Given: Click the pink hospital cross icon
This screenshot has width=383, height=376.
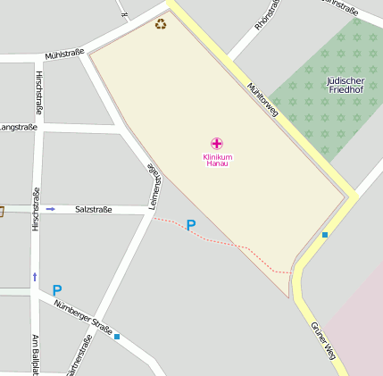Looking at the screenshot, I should [x=216, y=143].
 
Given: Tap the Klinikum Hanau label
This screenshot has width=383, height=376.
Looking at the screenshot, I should [x=216, y=160].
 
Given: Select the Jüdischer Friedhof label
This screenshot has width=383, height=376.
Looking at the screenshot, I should [x=345, y=85].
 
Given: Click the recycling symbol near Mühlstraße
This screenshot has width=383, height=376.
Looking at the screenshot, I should [x=161, y=24].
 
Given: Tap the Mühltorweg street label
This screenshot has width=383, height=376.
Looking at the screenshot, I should [x=262, y=100].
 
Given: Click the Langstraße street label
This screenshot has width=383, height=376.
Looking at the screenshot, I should [x=18, y=128].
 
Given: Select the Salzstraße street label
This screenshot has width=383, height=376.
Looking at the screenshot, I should [x=93, y=209].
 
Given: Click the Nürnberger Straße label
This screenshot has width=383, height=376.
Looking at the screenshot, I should [x=82, y=318].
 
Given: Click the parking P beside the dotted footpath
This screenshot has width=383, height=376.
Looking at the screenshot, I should [x=190, y=226].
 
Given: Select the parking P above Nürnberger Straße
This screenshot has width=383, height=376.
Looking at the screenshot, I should [x=57, y=290].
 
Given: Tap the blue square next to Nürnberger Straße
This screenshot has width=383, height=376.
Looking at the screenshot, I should [x=117, y=337].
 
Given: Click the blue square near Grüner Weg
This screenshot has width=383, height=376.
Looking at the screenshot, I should [x=325, y=235].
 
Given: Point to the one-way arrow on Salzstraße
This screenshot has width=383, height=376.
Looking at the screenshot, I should [x=51, y=209].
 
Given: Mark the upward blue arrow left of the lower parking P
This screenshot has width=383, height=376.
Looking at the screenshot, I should [x=35, y=277].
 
